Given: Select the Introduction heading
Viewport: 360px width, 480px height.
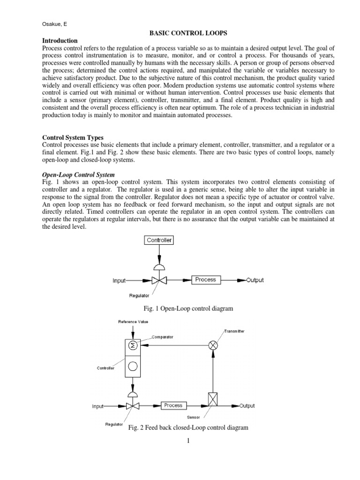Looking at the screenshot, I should [x=60, y=41].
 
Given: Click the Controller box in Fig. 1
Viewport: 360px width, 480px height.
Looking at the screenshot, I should [x=159, y=240].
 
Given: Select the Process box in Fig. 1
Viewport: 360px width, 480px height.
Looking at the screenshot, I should [x=206, y=280].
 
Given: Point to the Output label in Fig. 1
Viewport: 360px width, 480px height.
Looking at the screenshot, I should [x=255, y=280].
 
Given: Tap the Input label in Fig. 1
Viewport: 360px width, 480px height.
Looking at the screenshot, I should [x=119, y=281].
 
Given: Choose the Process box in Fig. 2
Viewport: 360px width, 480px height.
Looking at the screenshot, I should [x=173, y=405].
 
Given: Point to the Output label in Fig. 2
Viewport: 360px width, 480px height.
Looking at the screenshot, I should [x=247, y=405].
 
